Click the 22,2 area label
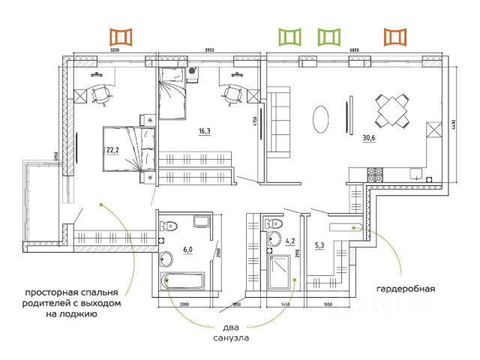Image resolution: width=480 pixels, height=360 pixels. (113, 149)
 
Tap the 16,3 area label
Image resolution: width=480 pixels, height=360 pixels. (204, 131)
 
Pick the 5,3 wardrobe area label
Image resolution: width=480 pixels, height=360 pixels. (319, 245)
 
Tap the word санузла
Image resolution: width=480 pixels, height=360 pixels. (229, 338)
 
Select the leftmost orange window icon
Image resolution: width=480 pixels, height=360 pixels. (120, 36)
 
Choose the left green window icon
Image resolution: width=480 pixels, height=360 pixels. (289, 36)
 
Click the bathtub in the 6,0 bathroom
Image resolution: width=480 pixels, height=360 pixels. (187, 282)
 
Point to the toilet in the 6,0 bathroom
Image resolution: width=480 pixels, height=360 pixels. (170, 223)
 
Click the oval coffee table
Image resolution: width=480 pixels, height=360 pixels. (319, 118)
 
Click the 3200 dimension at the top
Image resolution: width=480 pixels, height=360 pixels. (114, 49)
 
